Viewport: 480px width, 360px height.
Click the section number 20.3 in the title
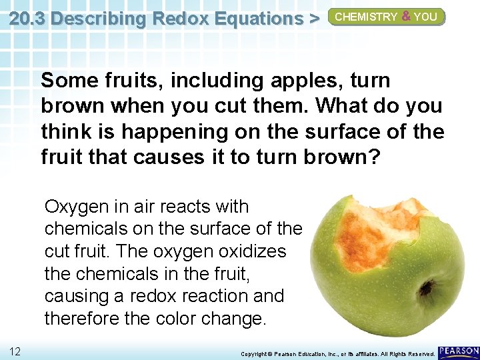27,18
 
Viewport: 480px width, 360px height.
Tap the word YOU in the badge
425,17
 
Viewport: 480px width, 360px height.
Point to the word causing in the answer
71,296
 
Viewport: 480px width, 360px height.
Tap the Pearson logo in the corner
458,351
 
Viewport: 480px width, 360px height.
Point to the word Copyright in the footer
255,353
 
